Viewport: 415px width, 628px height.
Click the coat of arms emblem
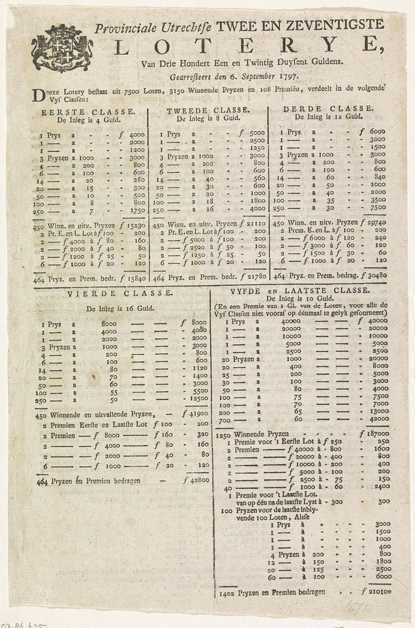62,49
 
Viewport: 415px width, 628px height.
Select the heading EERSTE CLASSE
88,112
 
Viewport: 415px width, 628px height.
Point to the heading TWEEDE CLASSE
208,111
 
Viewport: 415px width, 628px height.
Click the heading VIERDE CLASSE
120,294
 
